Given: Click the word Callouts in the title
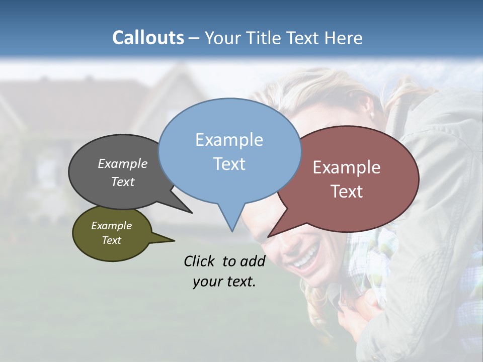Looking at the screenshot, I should point(148,38).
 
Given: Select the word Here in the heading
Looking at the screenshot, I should point(343,38).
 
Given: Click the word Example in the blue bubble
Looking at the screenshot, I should point(229,139).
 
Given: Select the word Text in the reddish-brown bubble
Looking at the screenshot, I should point(347,192).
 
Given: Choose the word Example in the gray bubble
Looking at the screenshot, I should point(122,163).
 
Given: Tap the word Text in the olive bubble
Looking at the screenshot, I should point(111,240).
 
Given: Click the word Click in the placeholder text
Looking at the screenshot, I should point(199,261).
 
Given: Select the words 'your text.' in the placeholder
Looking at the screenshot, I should point(224,282).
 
